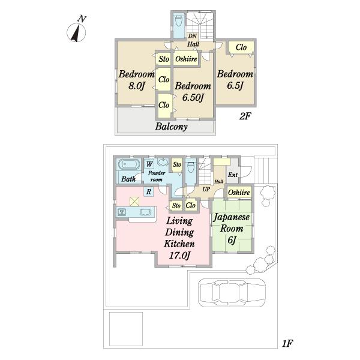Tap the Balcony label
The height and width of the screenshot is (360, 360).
171,127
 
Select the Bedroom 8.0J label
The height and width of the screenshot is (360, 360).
136,80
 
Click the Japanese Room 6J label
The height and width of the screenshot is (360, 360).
232,229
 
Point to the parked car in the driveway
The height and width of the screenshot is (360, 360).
232,293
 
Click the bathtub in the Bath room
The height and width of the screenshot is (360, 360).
129,164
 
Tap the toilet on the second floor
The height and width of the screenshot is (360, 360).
179,21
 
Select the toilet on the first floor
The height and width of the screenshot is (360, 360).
191,167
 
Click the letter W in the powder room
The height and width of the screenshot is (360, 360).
149,164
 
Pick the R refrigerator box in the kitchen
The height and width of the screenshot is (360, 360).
149,191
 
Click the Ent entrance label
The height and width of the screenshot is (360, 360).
233,175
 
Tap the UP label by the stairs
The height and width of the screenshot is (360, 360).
206,189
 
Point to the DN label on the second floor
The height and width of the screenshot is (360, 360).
193,36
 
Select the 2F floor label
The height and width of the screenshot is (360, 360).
245,116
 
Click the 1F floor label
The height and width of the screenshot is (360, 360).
287,343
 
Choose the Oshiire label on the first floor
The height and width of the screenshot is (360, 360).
239,192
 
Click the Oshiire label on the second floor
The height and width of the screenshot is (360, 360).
186,59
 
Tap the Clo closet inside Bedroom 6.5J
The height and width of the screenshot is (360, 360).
241,47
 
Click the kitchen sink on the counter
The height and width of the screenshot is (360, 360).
121,212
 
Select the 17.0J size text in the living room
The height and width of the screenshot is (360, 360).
179,256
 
